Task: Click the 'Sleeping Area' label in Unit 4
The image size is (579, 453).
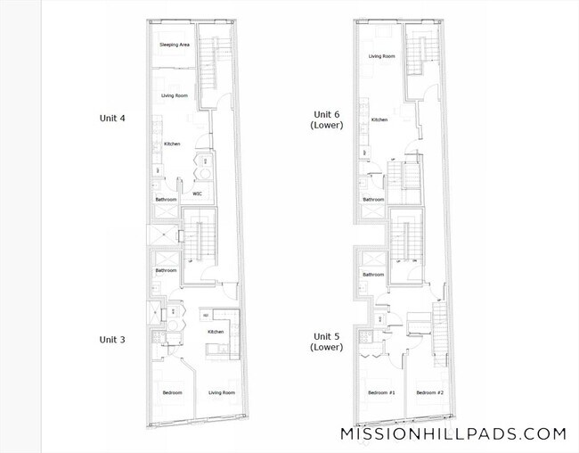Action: coord(173,45)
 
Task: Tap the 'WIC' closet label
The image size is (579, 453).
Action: coord(197,194)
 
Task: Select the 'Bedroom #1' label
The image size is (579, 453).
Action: coord(380,393)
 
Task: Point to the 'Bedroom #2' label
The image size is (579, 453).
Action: coord(429,393)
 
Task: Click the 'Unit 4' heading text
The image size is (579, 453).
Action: coord(112,117)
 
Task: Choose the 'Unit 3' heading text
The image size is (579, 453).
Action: coord(112,340)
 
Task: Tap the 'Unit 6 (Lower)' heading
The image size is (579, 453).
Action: coord(327,119)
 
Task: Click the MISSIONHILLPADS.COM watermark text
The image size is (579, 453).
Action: coord(453,434)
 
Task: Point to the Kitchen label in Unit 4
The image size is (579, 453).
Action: coord(172,144)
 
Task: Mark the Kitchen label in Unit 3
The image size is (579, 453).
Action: coord(216,332)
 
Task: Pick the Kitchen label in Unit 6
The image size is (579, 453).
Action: coord(379,119)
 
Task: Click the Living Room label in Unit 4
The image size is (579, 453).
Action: coord(174,95)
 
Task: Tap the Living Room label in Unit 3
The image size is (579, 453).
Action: coord(222,393)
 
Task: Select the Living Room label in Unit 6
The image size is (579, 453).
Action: coord(382,56)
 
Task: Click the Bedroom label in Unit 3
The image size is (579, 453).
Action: coord(172,393)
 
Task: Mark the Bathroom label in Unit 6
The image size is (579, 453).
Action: coord(373,200)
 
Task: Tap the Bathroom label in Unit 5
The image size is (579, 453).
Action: coord(373,275)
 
